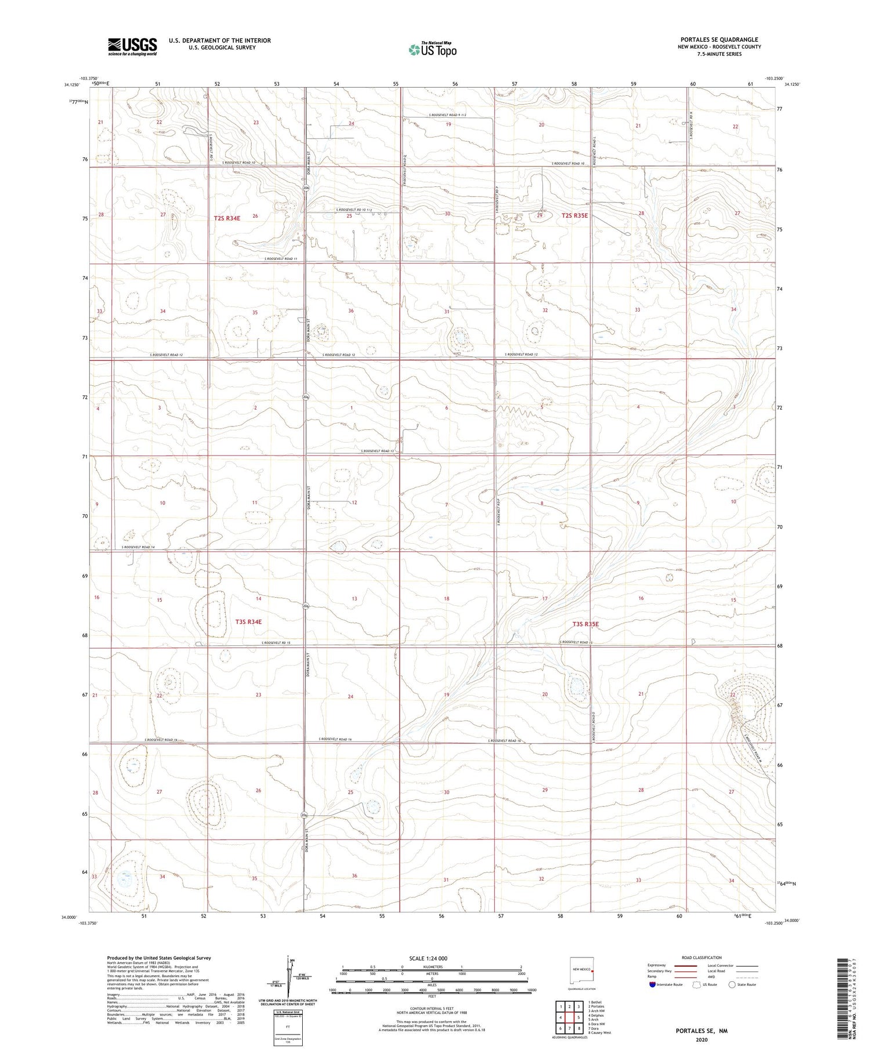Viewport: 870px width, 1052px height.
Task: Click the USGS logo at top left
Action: tap(132, 46)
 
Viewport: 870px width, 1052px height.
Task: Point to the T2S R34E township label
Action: tap(227, 218)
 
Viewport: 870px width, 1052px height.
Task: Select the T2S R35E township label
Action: tap(574, 216)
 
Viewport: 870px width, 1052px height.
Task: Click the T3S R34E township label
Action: tap(248, 621)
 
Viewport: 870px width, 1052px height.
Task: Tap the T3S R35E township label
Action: tap(585, 624)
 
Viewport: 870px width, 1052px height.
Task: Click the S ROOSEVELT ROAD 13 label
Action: tap(377, 451)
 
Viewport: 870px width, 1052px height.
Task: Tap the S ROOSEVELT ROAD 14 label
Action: tap(138, 548)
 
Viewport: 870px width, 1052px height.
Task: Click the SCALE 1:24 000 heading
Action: tap(428, 958)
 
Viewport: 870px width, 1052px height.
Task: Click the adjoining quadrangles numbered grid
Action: tap(570, 1017)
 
